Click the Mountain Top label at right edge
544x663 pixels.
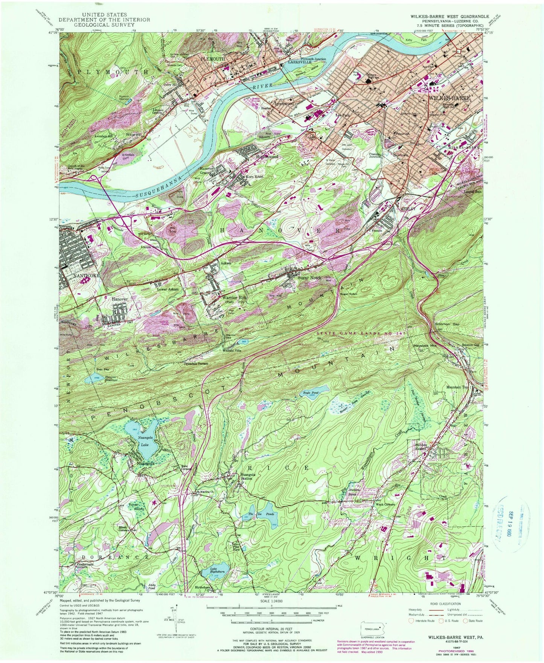pos(457,387)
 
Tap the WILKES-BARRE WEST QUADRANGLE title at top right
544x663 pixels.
pos(452,17)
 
